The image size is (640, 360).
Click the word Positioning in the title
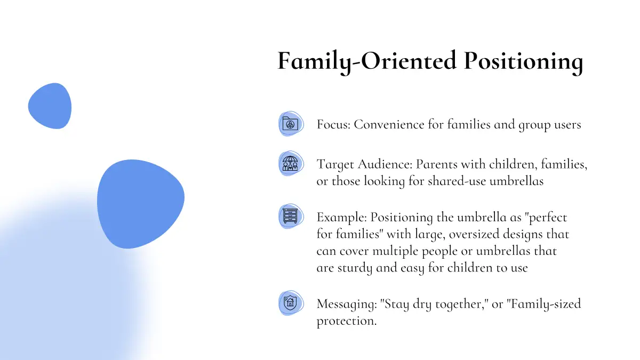click(523, 62)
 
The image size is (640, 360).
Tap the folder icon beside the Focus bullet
click(290, 124)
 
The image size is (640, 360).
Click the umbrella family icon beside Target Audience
click(290, 163)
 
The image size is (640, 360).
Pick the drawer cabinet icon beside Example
click(290, 216)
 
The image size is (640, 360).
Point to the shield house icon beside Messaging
click(290, 302)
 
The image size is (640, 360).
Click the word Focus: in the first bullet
click(333, 125)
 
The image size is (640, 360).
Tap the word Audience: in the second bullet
click(385, 164)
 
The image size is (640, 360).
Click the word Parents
click(437, 164)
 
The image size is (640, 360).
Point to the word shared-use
click(457, 181)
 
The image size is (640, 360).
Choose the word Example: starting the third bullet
click(342, 218)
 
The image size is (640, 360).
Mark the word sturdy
click(355, 268)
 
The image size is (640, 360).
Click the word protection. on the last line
click(347, 321)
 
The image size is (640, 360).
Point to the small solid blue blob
click(50, 106)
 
